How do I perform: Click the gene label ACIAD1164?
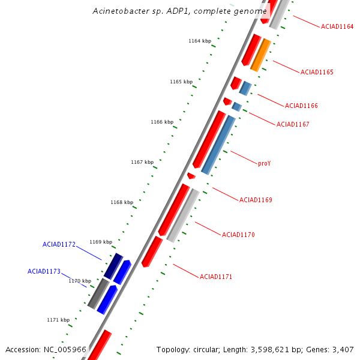337,26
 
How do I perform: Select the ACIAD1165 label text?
317,72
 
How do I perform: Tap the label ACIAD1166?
301,106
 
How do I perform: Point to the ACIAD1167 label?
293,124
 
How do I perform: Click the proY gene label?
264,163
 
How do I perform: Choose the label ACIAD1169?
256,200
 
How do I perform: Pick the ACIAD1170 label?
238,235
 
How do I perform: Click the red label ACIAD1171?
216,277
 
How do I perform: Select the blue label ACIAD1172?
59,244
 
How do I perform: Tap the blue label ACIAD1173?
44,271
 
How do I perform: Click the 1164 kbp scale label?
200,41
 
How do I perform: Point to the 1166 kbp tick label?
162,122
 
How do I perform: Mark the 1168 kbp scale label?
122,202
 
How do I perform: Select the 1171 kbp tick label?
58,320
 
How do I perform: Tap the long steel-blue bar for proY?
218,145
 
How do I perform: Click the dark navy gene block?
113,266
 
